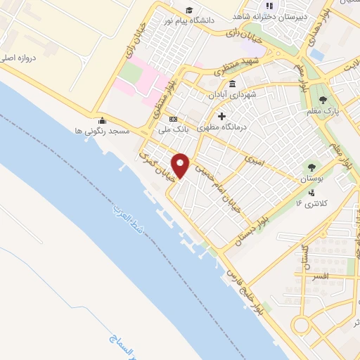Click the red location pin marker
point(181,165)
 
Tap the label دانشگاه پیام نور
point(188,20)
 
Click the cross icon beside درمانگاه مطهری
point(221,116)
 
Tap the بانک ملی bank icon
point(173,119)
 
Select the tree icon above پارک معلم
point(323,99)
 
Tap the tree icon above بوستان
point(311,167)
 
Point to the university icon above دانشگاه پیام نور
point(188,9)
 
